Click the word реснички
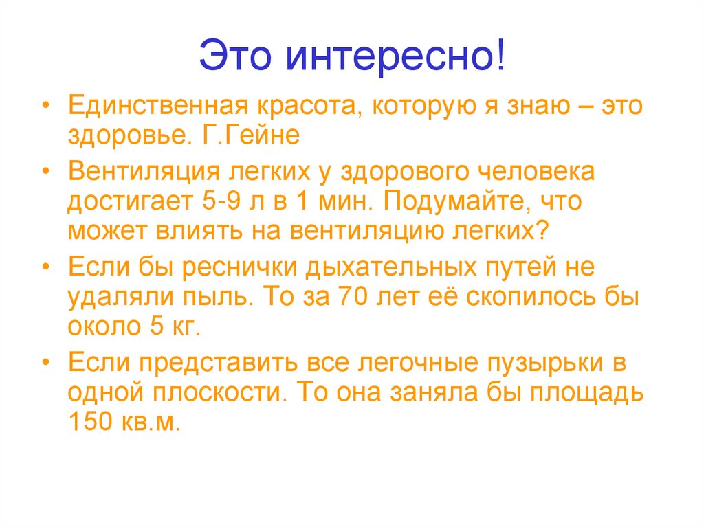[244, 266]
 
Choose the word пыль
[232, 298]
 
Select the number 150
[89, 421]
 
